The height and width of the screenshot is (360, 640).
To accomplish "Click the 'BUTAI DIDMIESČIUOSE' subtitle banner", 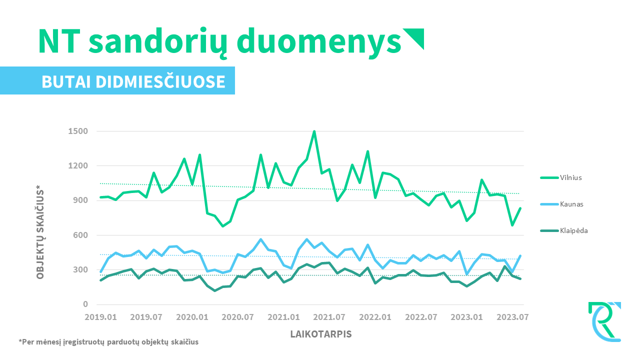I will [x=133, y=81].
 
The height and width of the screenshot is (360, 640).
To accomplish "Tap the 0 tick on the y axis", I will [x=85, y=304].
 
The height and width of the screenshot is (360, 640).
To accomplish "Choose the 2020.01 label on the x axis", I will [x=192, y=317].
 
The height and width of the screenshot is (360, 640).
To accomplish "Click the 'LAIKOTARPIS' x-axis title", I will [x=321, y=334].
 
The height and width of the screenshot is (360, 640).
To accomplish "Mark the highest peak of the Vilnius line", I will [x=314, y=131].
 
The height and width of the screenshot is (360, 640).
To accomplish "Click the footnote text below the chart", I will [x=108, y=342].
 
